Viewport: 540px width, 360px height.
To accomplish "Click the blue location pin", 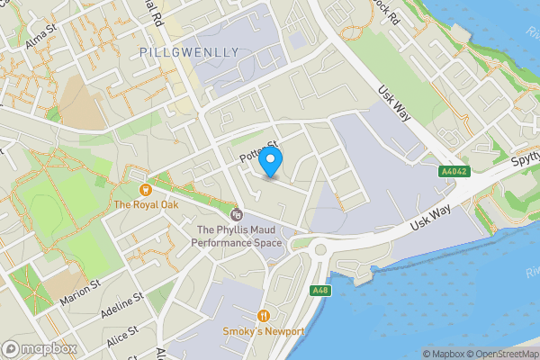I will pyautogui.click(x=271, y=163).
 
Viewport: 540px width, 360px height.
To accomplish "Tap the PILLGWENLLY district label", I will pyautogui.click(x=190, y=52).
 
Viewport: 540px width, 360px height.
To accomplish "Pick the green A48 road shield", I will pyautogui.click(x=319, y=291).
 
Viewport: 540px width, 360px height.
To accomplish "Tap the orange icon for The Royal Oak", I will pyautogui.click(x=146, y=190).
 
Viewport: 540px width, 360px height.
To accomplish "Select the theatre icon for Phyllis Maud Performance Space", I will pyautogui.click(x=237, y=214).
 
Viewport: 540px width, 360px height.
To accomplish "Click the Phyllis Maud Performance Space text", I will pyautogui.click(x=238, y=236).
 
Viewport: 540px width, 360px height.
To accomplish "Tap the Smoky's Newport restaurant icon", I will pyautogui.click(x=264, y=316).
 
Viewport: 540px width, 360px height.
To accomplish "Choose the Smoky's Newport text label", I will pyautogui.click(x=264, y=331).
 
